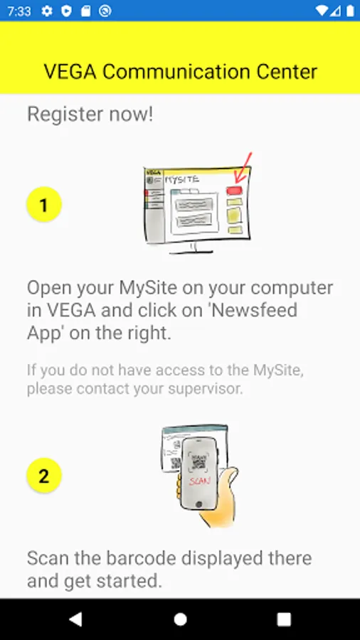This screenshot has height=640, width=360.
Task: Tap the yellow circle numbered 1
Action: coord(44,205)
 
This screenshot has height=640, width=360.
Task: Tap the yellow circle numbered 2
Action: coord(44,476)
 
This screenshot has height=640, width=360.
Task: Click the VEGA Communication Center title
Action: coord(181,72)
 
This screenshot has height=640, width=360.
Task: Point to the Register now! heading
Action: coord(90,114)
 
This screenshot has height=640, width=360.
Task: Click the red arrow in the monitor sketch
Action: coord(245,167)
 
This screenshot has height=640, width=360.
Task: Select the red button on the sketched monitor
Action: coord(234,190)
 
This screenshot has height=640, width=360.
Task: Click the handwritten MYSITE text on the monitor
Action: coord(182,180)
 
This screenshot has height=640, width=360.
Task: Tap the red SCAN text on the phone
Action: coord(200,481)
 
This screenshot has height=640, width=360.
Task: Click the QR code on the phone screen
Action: coord(198,462)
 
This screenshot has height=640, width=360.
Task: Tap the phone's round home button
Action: coord(198,504)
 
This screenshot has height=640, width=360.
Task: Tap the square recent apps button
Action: coord(284,619)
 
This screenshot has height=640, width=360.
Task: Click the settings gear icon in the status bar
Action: coord(47,11)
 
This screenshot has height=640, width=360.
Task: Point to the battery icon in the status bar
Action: coord(350,11)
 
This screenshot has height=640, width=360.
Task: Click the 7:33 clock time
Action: coord(18,11)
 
